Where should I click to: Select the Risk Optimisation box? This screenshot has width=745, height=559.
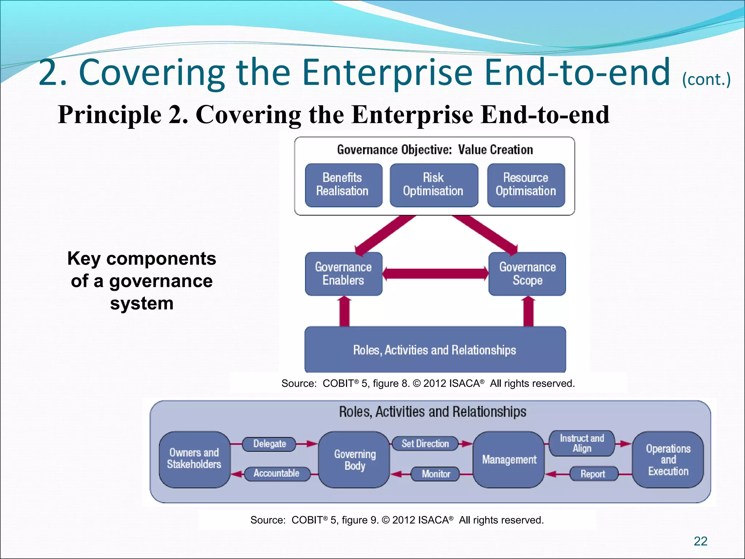[434, 185]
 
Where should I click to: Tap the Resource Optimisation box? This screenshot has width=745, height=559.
[526, 185]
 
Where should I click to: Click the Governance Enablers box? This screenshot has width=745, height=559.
[343, 274]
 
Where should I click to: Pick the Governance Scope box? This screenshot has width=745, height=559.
[527, 274]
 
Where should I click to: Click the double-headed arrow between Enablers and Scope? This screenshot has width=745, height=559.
[435, 273]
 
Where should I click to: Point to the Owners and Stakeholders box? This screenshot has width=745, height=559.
[194, 459]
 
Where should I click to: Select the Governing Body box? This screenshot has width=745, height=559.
[355, 460]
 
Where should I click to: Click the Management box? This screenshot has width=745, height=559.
[509, 460]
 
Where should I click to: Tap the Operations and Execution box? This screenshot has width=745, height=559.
[668, 460]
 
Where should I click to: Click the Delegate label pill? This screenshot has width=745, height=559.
[269, 444]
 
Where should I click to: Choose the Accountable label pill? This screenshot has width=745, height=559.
[277, 473]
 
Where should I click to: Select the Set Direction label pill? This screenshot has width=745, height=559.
[425, 444]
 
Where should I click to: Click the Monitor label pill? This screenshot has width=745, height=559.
[435, 474]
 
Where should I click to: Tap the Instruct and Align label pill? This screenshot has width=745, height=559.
[582, 443]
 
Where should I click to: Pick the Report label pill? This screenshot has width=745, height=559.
[593, 474]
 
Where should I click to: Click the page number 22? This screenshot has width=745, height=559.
[700, 541]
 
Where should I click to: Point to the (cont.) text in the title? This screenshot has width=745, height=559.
[706, 79]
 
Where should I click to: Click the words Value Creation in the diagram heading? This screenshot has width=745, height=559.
[495, 150]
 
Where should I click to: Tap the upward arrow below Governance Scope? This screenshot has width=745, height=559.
[528, 311]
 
